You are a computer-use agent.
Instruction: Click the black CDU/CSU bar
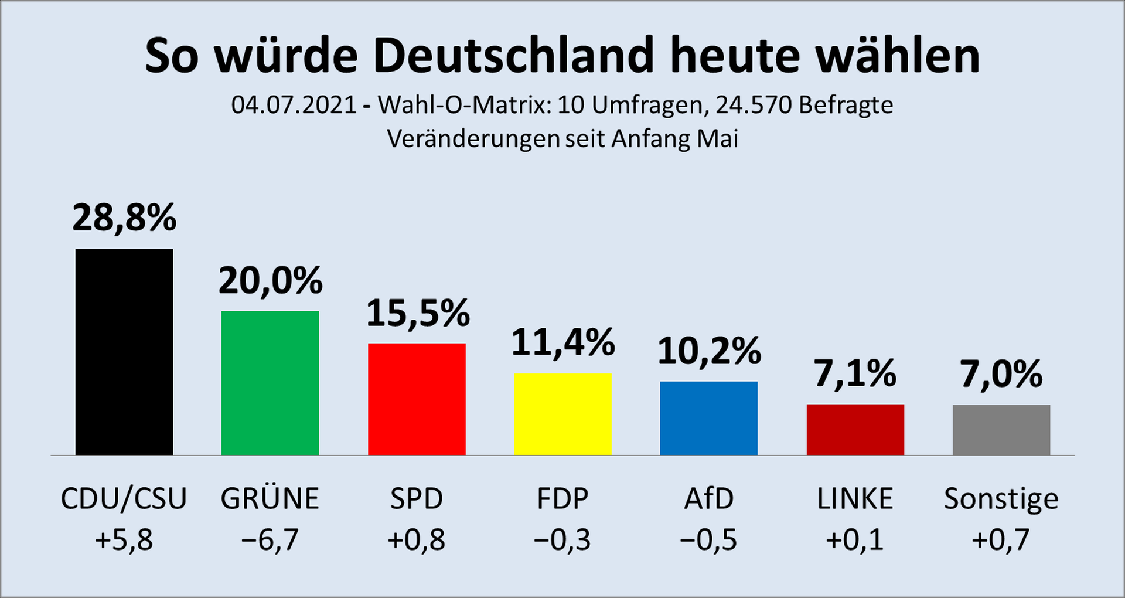click(124, 352)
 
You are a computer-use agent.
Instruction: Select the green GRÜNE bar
click(270, 383)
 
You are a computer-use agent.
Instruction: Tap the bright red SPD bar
click(417, 399)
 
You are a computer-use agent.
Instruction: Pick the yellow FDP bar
click(562, 414)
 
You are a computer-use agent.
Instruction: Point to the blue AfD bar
click(708, 418)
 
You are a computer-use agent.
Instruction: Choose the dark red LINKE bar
click(855, 429)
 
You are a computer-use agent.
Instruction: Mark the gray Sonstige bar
click(1001, 430)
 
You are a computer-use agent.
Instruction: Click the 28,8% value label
click(124, 218)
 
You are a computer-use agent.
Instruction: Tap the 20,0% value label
click(270, 280)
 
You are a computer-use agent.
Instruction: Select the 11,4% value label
click(562, 342)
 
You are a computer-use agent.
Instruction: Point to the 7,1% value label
click(855, 373)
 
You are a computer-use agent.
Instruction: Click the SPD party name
click(417, 499)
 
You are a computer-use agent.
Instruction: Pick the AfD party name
click(708, 499)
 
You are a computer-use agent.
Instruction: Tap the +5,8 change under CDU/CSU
click(124, 540)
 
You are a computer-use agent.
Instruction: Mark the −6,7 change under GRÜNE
click(270, 540)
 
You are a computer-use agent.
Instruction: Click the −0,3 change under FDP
click(562, 540)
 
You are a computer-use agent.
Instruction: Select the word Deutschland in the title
click(513, 56)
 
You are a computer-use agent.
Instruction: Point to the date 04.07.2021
click(294, 106)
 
